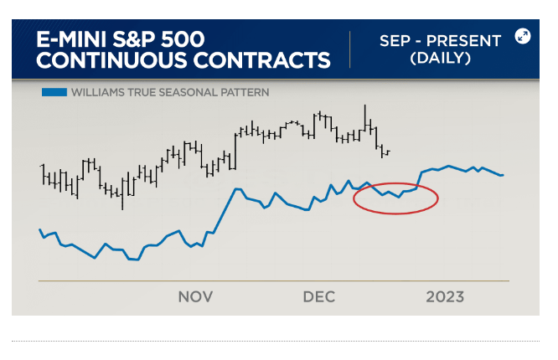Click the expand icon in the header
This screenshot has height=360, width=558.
coord(523,36)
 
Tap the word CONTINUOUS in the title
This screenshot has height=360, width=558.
coord(100,60)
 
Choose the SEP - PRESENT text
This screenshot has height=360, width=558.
coord(440,40)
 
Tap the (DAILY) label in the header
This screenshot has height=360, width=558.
coord(440,59)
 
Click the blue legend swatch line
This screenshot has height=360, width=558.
coord(54,93)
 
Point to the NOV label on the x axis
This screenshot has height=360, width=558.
coord(195,297)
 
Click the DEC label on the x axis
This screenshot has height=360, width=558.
coord(319,297)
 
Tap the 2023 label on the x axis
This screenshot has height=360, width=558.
coord(445,297)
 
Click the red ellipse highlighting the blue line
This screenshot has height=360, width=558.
coord(396,213)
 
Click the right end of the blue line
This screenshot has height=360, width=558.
coord(503,175)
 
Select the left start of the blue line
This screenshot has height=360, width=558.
coord(39,229)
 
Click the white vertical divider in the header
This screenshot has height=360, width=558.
coord(350,50)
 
